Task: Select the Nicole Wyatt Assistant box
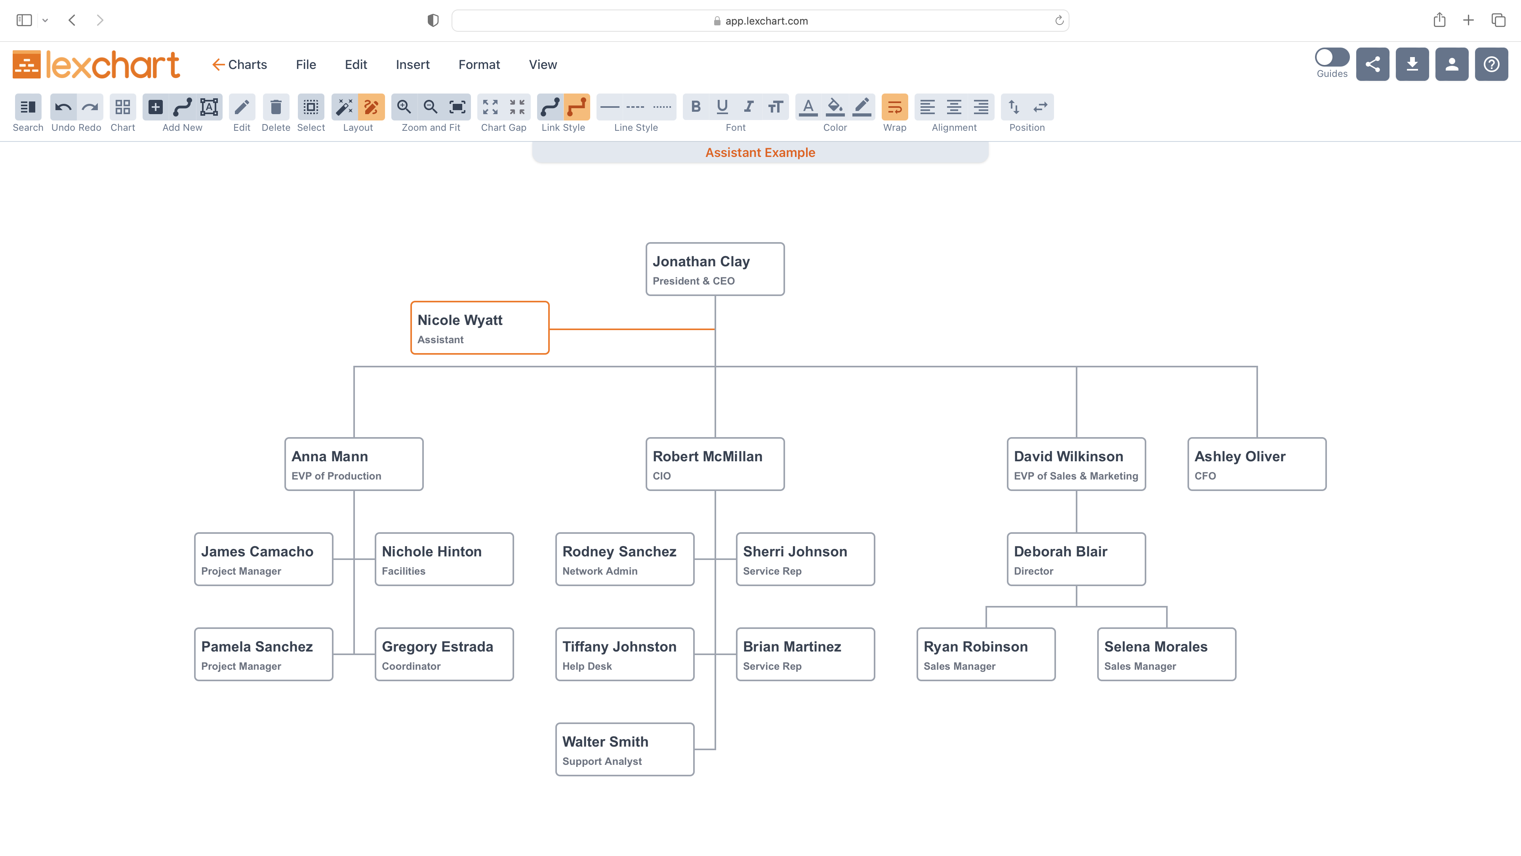coord(479,328)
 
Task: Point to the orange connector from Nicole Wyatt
coord(632,329)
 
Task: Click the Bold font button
coord(696,107)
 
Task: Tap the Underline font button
coord(722,107)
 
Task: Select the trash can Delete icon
coord(276,107)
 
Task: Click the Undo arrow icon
coord(63,107)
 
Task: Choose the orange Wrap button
coord(894,107)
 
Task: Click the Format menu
coord(479,64)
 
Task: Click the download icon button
coord(1412,64)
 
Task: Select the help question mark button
coord(1491,64)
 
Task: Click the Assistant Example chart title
coord(760,153)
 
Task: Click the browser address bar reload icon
coord(1059,21)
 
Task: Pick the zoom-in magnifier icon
coord(404,107)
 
